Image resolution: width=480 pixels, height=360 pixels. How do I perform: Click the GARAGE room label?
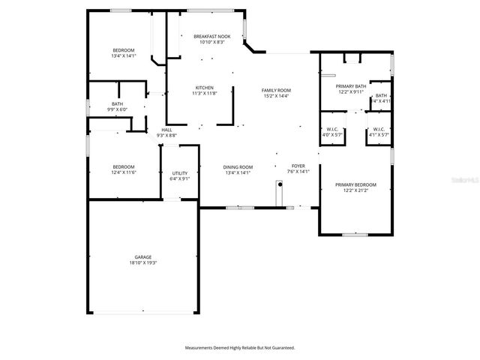142,257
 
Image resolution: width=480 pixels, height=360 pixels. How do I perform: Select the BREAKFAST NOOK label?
211,36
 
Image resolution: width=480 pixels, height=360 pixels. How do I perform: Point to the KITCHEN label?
205,88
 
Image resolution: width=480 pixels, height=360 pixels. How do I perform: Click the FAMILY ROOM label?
276,90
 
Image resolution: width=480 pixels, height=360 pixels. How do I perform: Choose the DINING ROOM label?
238,166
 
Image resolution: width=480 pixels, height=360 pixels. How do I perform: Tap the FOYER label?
299,166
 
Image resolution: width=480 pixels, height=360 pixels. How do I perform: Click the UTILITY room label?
180,173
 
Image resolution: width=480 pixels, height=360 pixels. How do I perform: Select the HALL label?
167,130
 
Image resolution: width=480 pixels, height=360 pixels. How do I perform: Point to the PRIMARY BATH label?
351,86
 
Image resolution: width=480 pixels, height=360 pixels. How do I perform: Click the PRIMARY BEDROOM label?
355,184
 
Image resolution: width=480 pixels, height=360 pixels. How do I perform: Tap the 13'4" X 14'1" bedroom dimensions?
123,55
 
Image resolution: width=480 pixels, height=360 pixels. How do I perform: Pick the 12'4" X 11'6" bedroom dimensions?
124,172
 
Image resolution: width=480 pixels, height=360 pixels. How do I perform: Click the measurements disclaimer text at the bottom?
240,347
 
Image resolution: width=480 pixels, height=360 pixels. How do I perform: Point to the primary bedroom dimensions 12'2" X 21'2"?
355,190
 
